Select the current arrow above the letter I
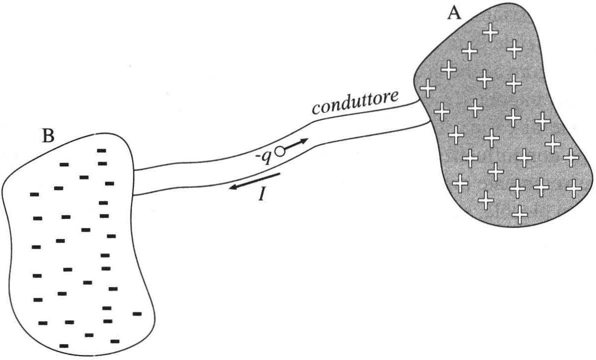(x=254, y=181)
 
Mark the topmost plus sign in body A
(x=490, y=33)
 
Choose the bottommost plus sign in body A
(x=520, y=214)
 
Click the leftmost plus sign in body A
(x=427, y=87)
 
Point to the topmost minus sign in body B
(x=102, y=150)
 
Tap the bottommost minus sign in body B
(x=64, y=345)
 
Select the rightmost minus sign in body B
(x=137, y=313)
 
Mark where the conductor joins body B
(x=134, y=182)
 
